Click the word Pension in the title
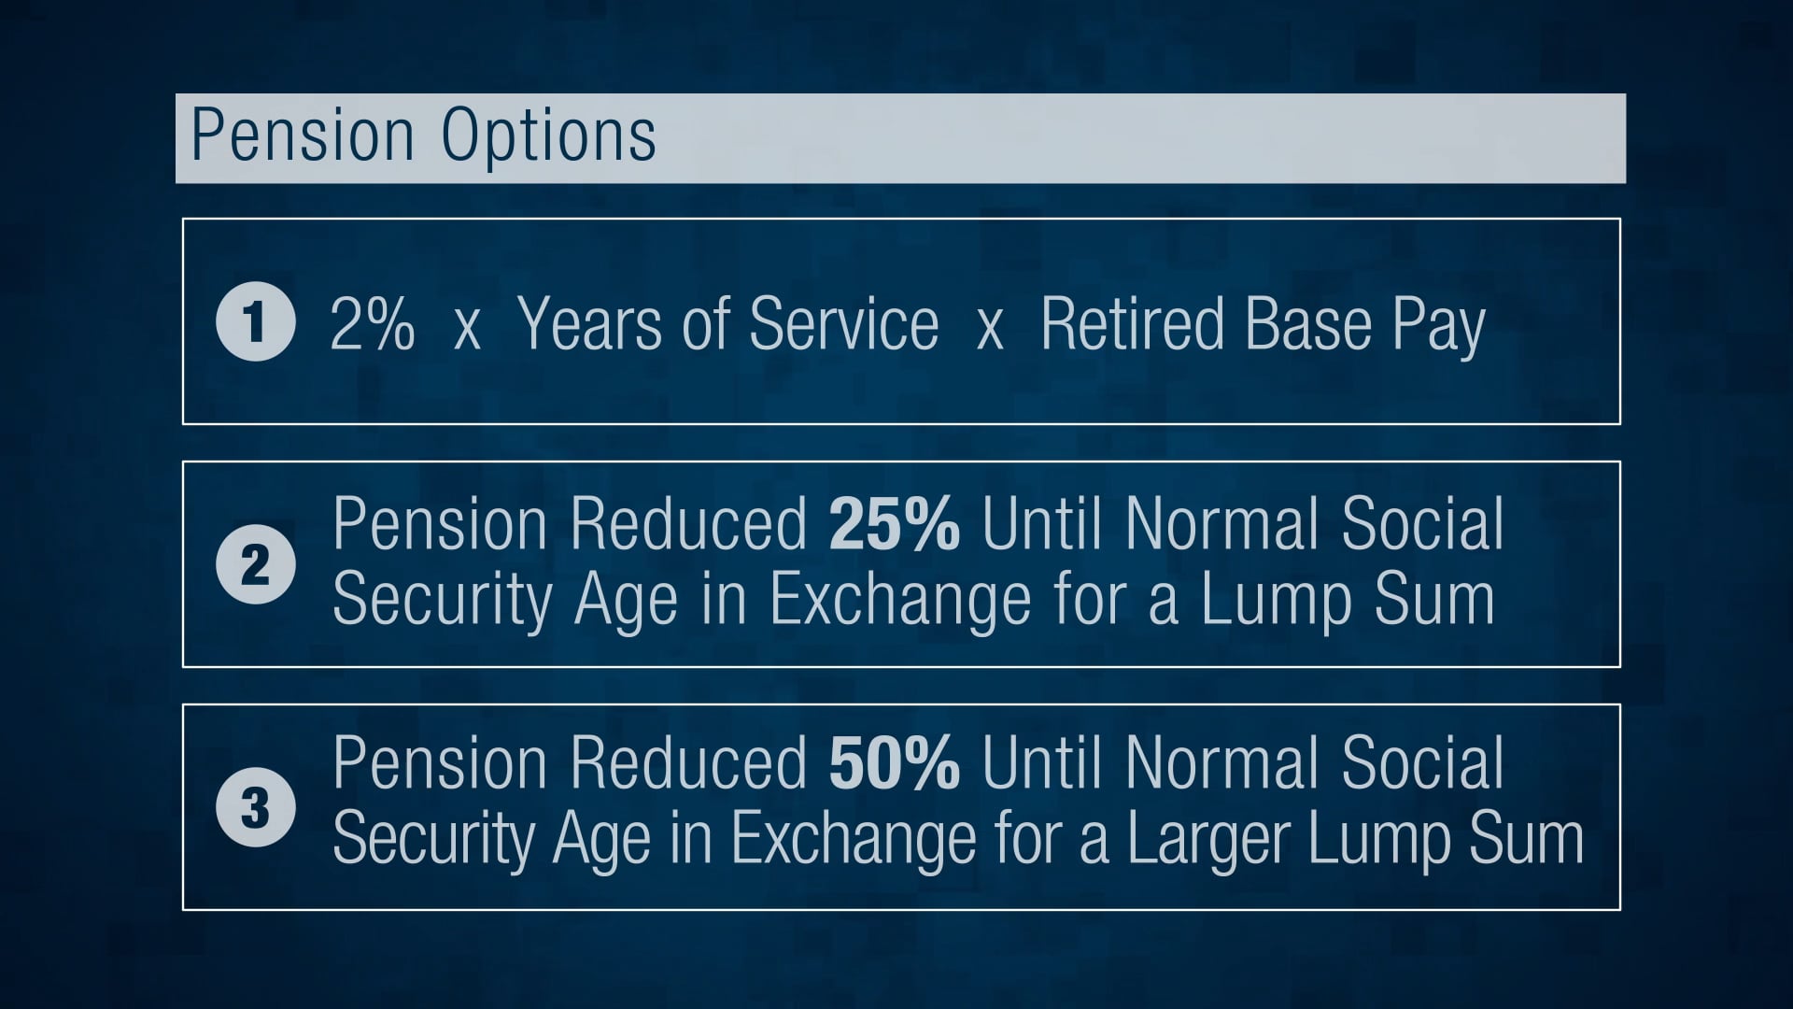(x=303, y=136)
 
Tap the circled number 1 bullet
(x=255, y=321)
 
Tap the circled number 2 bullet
(x=255, y=564)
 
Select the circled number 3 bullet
(x=255, y=807)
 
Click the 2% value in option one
(x=372, y=323)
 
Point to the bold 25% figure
(x=894, y=523)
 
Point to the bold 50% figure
(x=894, y=762)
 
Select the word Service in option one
(x=843, y=323)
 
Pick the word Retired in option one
(x=1132, y=323)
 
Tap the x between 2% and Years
(x=467, y=329)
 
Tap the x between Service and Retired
(x=990, y=329)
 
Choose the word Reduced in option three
(x=689, y=762)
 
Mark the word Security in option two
(x=443, y=601)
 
